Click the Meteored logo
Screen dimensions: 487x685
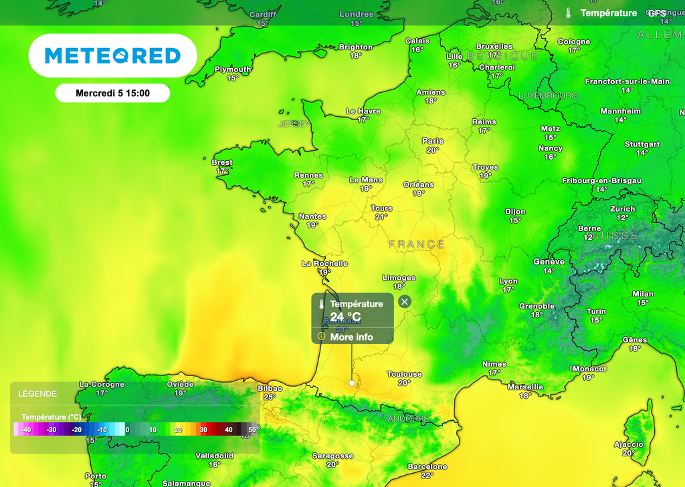pos(112,55)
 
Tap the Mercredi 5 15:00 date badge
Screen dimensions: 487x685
pos(112,94)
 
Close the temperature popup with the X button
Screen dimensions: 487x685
pos(404,302)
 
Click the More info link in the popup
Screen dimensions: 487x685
pos(351,337)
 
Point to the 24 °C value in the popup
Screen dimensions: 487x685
pos(345,316)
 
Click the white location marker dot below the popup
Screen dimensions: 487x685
pos(352,383)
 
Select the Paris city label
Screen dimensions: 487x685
pos(433,141)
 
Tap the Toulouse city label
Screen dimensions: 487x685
pos(404,374)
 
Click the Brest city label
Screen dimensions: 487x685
pos(222,162)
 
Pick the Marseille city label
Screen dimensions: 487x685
pos(525,387)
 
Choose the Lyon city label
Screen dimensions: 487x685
pos(508,281)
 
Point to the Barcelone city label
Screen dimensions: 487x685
pos(427,466)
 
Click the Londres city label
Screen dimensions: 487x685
pos(356,14)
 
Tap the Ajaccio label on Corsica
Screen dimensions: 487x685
pos(628,444)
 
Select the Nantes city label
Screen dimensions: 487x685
pos(312,216)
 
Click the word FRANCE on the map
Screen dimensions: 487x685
pos(416,245)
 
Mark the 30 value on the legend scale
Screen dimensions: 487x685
pos(203,430)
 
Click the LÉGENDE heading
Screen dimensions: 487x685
pos(37,393)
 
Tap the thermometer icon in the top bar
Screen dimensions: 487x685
pos(568,13)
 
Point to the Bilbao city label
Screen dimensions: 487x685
pos(270,388)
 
